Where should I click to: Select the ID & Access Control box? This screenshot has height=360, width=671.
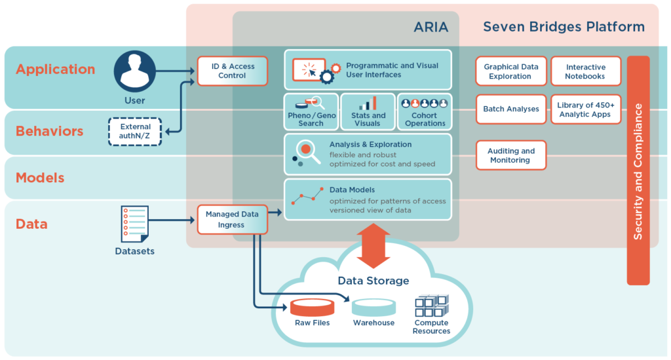pos(233,71)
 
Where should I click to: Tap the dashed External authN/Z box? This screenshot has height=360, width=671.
pos(135,131)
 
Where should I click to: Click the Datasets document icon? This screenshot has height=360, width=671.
pos(134,224)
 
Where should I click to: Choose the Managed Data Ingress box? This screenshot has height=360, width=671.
pos(232,219)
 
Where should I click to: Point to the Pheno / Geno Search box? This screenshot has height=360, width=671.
pos(311,111)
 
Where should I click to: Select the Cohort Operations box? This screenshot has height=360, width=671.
pos(424,111)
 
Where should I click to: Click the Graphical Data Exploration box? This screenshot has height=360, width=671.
pos(510,71)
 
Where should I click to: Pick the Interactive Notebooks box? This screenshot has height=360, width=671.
pos(585,71)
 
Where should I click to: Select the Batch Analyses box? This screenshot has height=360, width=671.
pos(510,109)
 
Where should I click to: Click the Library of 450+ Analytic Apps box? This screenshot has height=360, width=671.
pos(585,110)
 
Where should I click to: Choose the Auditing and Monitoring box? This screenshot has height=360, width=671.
pos(510,155)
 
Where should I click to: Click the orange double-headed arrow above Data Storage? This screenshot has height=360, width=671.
pos(372,246)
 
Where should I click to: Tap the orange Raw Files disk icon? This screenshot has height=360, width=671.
pos(312,307)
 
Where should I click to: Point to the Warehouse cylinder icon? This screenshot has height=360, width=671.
pos(374,307)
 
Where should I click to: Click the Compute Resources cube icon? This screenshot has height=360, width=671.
pos(431,306)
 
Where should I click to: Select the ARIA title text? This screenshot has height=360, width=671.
pos(431,28)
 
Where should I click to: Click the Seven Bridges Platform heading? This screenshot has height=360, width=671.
pos(564,28)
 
